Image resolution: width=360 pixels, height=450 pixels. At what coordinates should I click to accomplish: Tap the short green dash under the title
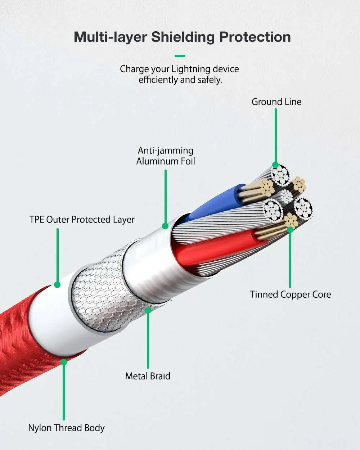pyautogui.click(x=180, y=56)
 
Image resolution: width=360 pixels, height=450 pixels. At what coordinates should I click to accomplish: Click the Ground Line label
pyautogui.click(x=276, y=102)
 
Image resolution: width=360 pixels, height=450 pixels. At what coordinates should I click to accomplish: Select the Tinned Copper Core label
pyautogui.click(x=290, y=294)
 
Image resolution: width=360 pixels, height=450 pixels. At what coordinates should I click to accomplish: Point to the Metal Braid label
pyautogui.click(x=148, y=376)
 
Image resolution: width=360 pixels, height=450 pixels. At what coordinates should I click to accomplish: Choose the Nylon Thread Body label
pyautogui.click(x=66, y=428)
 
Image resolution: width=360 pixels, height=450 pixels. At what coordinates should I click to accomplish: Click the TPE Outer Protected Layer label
pyautogui.click(x=82, y=220)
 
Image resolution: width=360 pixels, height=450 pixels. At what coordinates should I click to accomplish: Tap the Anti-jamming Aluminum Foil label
pyautogui.click(x=166, y=156)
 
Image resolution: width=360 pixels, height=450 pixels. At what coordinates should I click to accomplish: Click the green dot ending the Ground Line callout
pyautogui.click(x=275, y=165)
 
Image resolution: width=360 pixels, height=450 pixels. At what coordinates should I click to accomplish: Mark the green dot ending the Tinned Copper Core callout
pyautogui.click(x=290, y=229)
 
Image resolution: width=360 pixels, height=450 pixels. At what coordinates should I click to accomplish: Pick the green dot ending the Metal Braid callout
pyautogui.click(x=148, y=310)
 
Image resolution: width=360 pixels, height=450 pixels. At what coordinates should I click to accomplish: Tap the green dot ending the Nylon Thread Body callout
pyautogui.click(x=64, y=362)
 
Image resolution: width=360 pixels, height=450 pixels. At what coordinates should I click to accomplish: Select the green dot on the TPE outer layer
pyautogui.click(x=57, y=285)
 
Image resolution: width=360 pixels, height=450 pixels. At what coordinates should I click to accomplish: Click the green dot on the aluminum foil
pyautogui.click(x=165, y=226)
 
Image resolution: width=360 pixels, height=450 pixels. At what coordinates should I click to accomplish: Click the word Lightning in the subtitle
pyautogui.click(x=191, y=69)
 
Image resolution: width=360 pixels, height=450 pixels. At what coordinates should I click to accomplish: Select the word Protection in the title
pyautogui.click(x=255, y=37)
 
